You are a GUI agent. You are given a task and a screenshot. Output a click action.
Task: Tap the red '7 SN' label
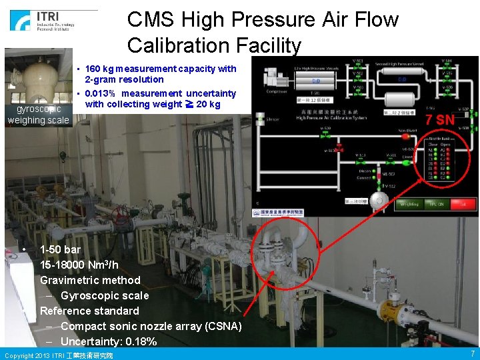coord(440,121)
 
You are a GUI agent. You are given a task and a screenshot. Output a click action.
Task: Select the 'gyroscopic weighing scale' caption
coord(38,115)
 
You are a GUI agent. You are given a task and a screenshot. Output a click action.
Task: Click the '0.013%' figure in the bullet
coord(101,93)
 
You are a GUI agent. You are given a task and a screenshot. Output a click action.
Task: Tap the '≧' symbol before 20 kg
coord(189,104)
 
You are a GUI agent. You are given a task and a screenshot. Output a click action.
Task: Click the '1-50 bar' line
coord(61,249)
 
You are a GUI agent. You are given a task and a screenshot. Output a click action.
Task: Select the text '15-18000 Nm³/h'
coord(79,265)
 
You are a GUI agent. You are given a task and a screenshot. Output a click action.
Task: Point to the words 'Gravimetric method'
coord(90,280)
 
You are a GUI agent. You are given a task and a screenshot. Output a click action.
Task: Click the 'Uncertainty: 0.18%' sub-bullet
coord(109,341)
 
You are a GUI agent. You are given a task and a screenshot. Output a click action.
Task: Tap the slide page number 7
coord(473,353)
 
